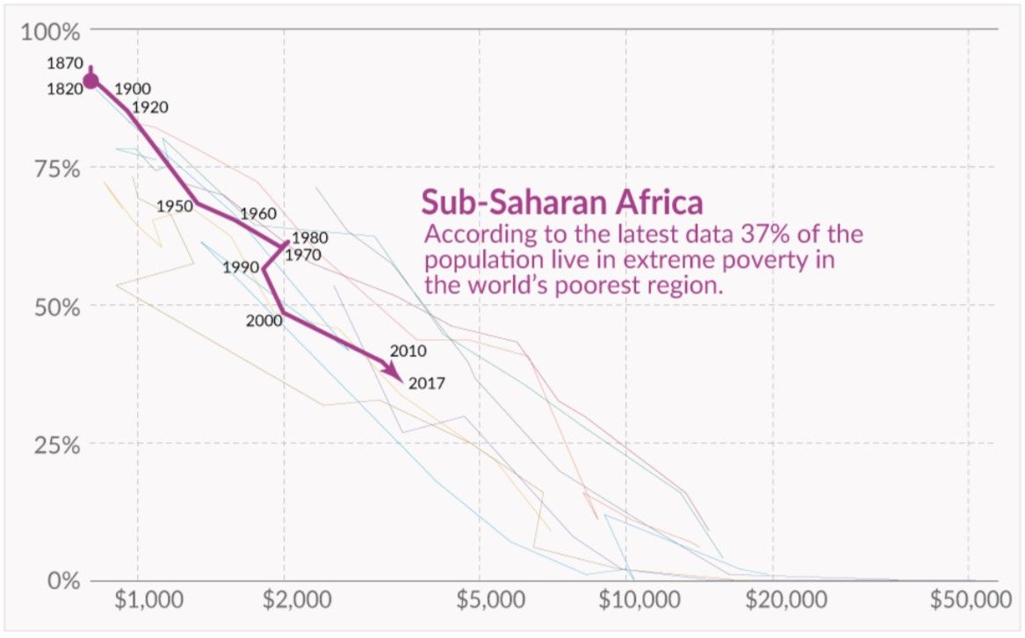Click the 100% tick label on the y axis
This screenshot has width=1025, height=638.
[50, 32]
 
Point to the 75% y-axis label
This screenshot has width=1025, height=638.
[57, 170]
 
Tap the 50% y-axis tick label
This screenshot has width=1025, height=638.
[57, 307]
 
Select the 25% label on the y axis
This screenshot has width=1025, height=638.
[57, 445]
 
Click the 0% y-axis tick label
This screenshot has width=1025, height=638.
[63, 581]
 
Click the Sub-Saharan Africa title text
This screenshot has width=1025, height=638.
[562, 202]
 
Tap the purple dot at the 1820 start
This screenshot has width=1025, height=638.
[90, 81]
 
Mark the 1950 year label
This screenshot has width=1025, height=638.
[175, 207]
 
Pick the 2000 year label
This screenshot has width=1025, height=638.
[264, 321]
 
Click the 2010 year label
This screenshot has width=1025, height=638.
[408, 352]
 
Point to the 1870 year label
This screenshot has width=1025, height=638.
[65, 63]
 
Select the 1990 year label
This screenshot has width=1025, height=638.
[241, 268]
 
